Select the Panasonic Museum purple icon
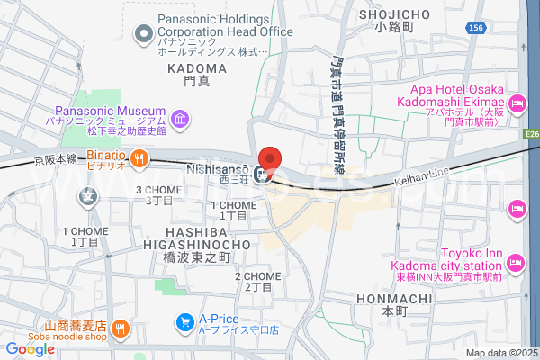point(180,118)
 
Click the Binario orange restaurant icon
point(139,159)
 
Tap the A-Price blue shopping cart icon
point(184,321)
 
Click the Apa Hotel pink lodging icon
point(517,105)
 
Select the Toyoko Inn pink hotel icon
point(516,264)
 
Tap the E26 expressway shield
point(532,134)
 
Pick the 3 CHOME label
point(157,190)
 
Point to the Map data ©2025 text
point(500,353)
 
